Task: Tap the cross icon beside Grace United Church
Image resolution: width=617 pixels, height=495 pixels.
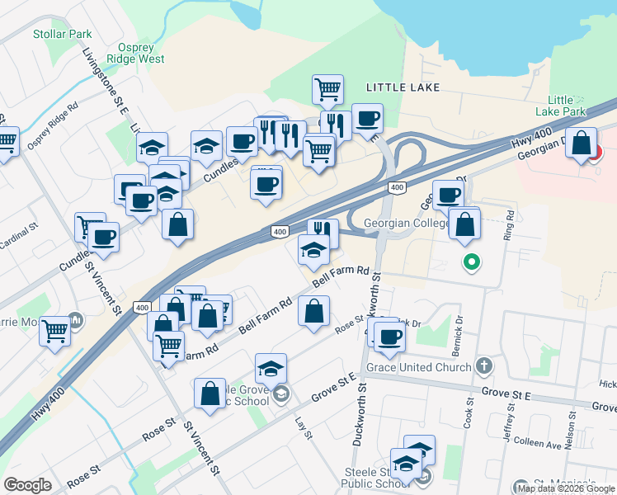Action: tap(484, 365)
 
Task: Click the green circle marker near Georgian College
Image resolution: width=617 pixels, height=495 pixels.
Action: tap(472, 263)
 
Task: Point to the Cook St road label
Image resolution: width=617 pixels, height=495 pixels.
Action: tap(468, 412)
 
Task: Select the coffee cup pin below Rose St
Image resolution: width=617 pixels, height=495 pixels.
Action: tap(389, 336)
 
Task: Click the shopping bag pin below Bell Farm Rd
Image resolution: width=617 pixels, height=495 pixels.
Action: tap(313, 312)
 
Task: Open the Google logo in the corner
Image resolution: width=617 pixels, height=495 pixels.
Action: tap(27, 485)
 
